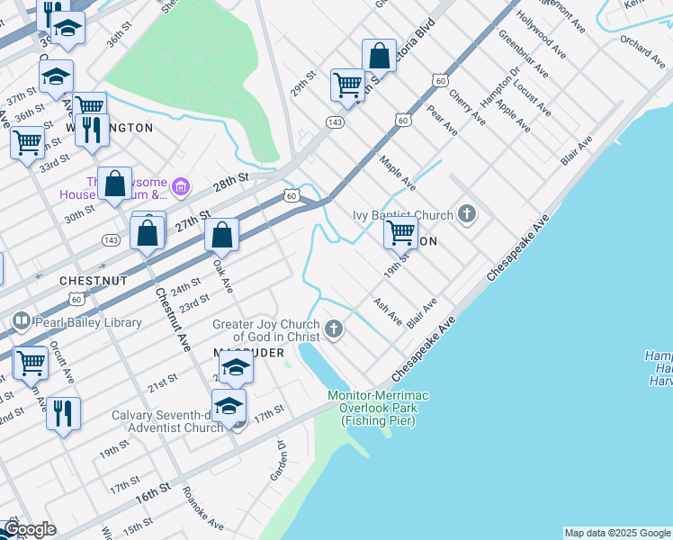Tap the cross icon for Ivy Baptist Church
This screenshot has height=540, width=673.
point(466,214)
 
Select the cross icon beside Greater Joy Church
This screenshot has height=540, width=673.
point(333,328)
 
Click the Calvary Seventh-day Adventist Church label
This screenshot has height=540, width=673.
point(167,421)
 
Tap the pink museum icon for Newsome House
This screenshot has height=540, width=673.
point(180,187)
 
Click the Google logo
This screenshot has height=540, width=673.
point(29,529)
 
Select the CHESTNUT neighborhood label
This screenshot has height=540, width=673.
point(94,281)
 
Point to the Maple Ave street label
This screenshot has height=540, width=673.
point(398,173)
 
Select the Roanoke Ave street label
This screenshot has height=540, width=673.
point(203,508)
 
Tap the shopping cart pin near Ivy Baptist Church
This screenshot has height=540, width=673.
point(400,233)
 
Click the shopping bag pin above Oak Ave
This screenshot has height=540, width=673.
point(221,236)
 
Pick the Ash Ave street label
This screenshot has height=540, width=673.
point(388,311)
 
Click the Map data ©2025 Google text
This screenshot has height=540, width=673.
point(617,533)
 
